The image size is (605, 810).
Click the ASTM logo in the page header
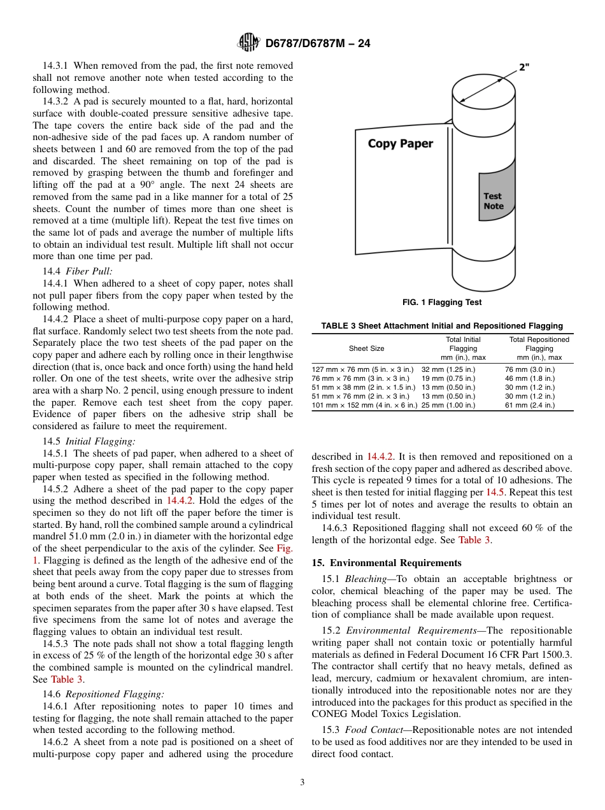coord(248,43)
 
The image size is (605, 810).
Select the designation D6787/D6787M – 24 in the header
coord(317,43)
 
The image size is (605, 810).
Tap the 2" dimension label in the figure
coord(524,67)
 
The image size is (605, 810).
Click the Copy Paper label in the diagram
coord(400,143)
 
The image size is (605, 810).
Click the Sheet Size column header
coord(366,348)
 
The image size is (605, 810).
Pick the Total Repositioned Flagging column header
coord(539,348)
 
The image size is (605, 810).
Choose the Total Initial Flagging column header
coord(463,348)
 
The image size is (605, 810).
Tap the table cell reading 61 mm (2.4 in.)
coord(529,405)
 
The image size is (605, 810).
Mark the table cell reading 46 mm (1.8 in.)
coord(529,378)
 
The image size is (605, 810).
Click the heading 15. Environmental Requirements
coord(386,563)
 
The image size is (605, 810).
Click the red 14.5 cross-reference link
coord(494,492)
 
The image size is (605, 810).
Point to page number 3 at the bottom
coord(302,783)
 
